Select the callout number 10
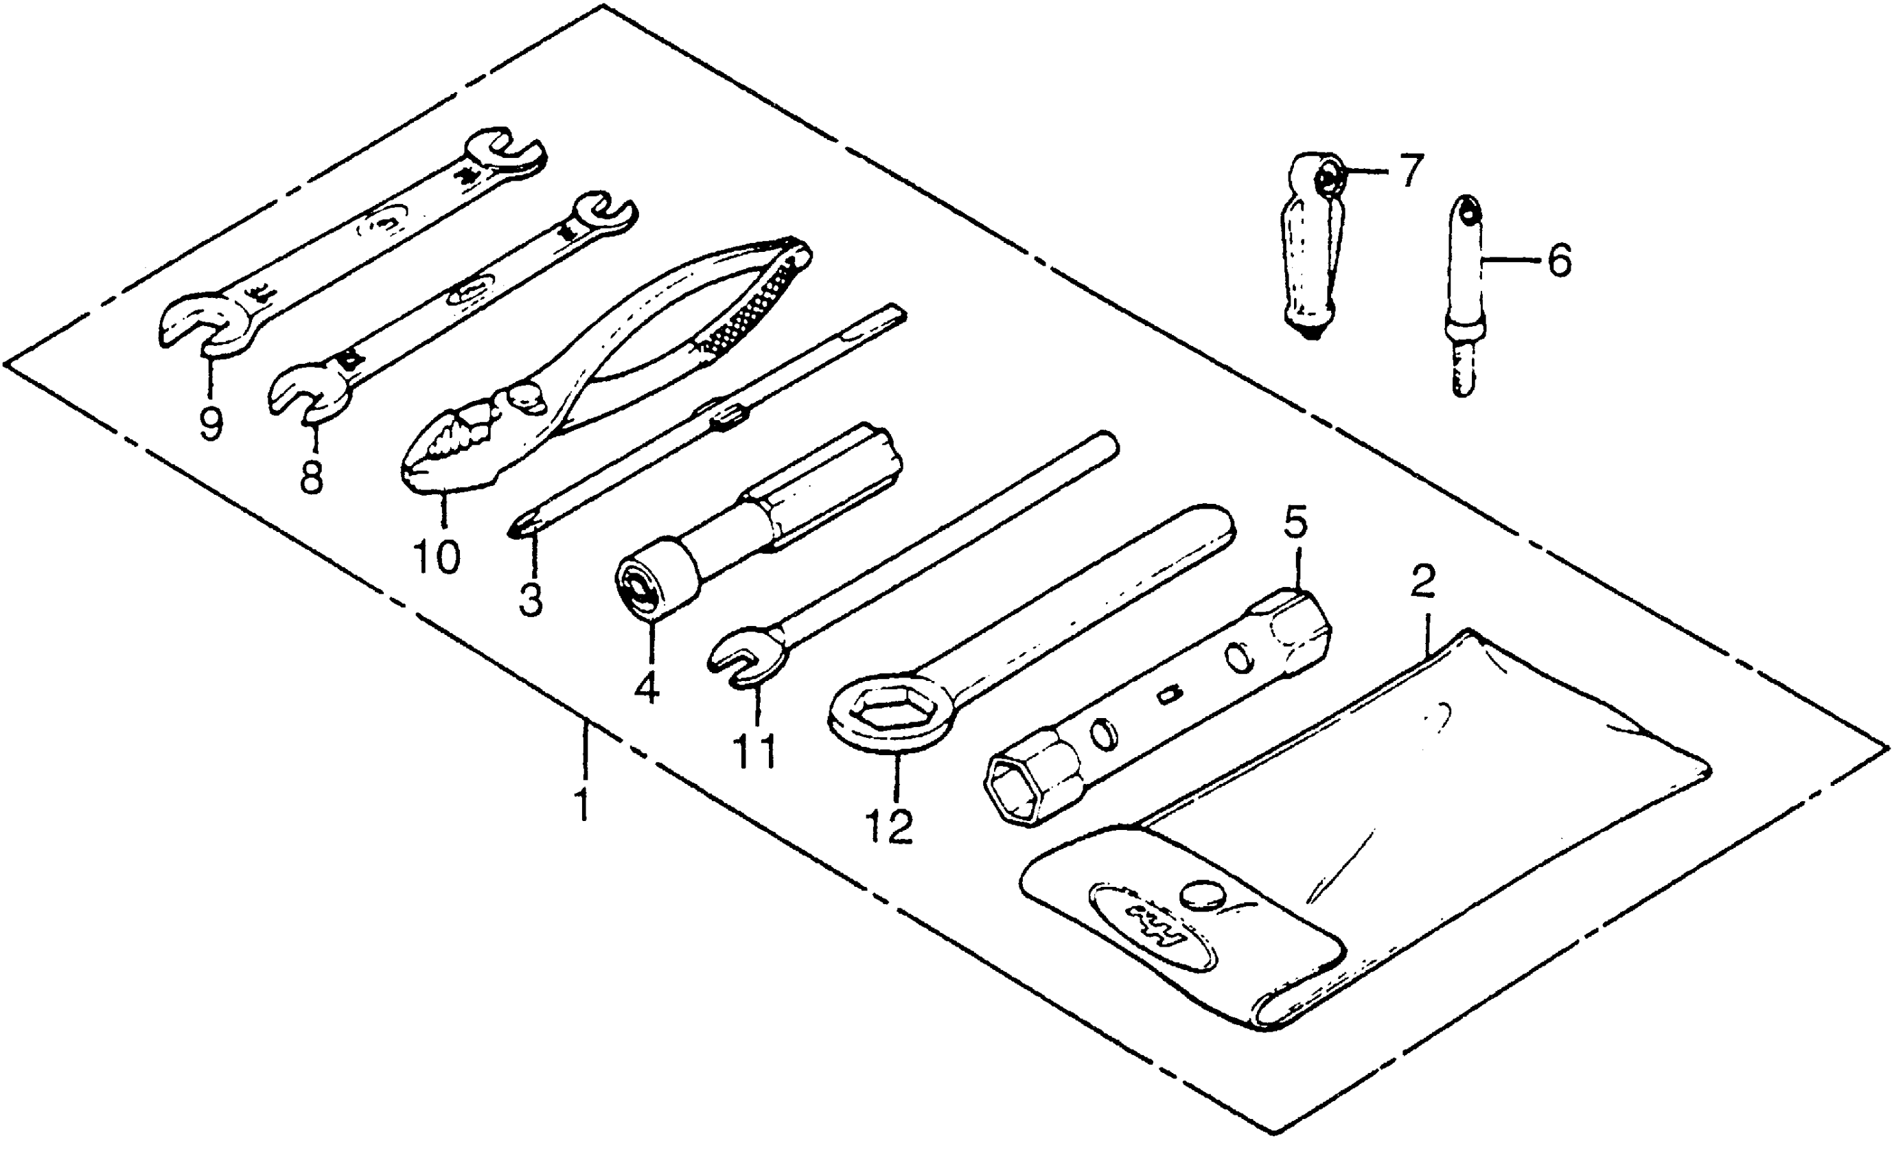(437, 557)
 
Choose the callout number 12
(888, 826)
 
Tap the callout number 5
(1296, 522)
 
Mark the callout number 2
(1422, 582)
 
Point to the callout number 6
(1558, 261)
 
